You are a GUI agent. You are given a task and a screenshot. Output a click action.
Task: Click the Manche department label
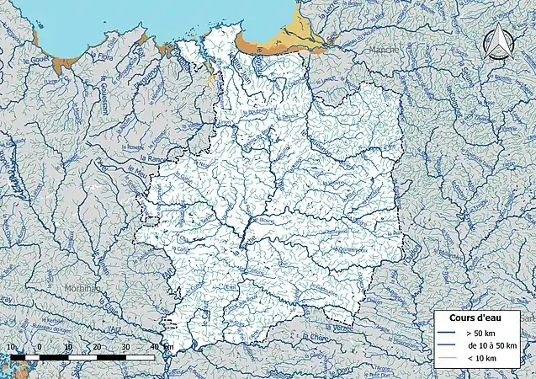tap(383, 50)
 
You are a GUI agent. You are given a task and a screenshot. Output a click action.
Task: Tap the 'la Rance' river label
tap(152, 158)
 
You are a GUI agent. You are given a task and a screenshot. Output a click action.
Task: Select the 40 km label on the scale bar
tap(156, 346)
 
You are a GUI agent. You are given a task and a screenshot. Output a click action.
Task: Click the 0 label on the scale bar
tap(40, 346)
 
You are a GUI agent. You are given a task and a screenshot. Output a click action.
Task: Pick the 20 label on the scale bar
tap(98, 346)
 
